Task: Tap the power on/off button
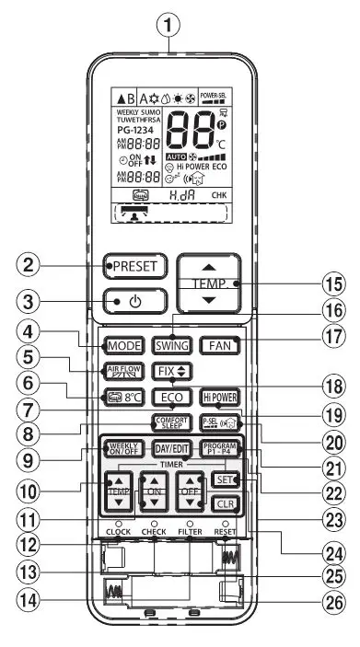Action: point(134,300)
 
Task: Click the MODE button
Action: point(123,347)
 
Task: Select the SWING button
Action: point(171,347)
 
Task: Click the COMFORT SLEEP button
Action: point(171,422)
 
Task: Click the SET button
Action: point(221,479)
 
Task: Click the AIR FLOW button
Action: point(123,372)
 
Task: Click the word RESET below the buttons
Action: point(226,531)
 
